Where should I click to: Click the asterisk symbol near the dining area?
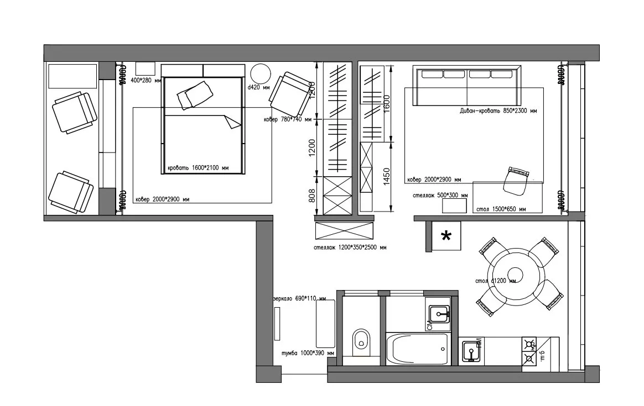(445, 237)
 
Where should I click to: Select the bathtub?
(418, 349)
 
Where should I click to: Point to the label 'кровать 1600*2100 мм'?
(198, 168)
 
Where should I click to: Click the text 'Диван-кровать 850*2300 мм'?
(498, 111)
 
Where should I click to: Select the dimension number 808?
(311, 196)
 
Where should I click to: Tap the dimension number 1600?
(387, 103)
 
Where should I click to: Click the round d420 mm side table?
(260, 74)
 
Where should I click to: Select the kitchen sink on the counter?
(471, 351)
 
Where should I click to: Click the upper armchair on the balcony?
(74, 112)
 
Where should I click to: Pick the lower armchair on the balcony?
(70, 192)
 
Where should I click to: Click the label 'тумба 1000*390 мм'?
(308, 353)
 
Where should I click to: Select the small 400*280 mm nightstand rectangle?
(146, 68)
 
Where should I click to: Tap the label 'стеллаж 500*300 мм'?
(440, 195)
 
